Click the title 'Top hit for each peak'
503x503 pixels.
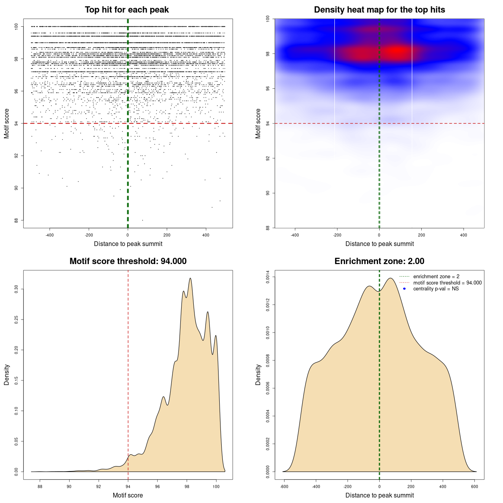click(127, 10)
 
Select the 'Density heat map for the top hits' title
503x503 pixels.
click(379, 10)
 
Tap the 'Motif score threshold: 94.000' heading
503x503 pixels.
click(128, 261)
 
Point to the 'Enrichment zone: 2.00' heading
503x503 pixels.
click(379, 261)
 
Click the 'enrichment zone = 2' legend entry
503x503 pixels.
click(436, 277)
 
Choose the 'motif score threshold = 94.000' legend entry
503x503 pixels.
click(447, 283)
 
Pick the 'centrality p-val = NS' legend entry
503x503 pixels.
click(436, 289)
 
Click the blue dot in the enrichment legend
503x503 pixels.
click(404, 289)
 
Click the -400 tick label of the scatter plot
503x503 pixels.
click(50, 235)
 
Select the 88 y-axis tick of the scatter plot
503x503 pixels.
click(17, 220)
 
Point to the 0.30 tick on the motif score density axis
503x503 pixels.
click(17, 289)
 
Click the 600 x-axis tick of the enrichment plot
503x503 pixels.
click(474, 486)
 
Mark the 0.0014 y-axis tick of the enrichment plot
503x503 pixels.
click(268, 277)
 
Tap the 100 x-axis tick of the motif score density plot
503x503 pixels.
click(216, 486)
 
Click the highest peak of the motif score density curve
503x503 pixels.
click(190, 278)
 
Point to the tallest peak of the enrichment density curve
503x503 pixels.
click(391, 278)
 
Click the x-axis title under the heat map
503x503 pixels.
click(379, 244)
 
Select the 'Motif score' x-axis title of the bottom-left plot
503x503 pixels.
click(128, 495)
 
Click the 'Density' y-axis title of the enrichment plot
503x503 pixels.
click(258, 374)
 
